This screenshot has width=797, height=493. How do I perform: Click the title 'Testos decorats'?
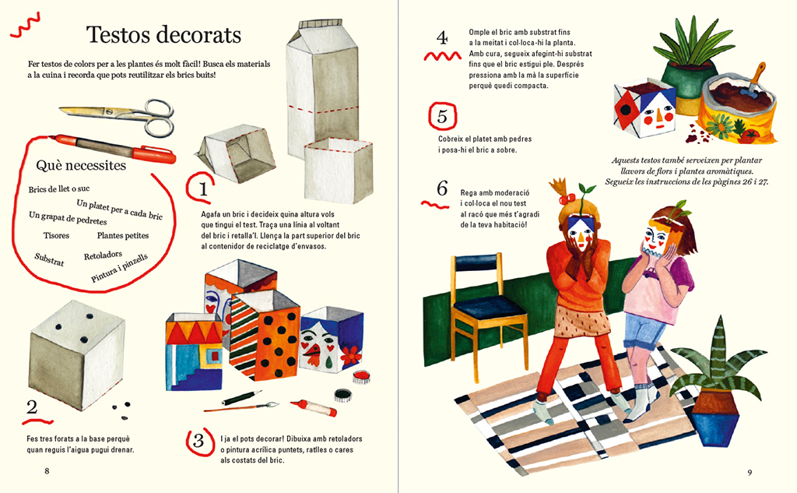(163, 34)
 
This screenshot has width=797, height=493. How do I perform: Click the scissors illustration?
(117, 115)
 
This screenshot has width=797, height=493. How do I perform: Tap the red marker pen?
(114, 148)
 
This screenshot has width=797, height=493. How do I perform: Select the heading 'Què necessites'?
(81, 165)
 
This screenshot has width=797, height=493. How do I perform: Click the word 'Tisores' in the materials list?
(56, 235)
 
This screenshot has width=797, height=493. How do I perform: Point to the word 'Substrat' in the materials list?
(49, 259)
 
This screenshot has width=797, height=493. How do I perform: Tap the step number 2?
(32, 407)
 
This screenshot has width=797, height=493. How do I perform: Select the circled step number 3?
(198, 441)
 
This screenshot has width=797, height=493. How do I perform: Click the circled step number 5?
(442, 117)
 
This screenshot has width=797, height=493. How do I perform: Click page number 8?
(47, 471)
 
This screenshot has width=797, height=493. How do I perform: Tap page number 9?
(750, 473)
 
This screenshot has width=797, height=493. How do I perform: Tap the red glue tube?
(313, 407)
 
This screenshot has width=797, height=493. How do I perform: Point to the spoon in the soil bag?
(753, 80)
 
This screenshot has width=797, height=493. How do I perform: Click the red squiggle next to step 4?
(443, 56)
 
